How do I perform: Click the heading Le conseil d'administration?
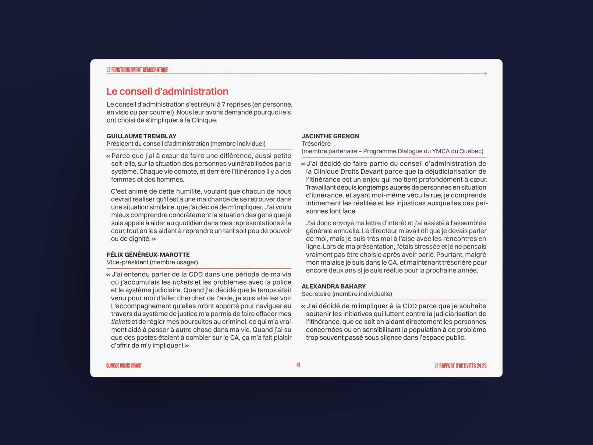167,91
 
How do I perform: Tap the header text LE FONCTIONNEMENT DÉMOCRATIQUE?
137,70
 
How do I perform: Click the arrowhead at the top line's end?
486,74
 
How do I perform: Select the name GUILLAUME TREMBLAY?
142,136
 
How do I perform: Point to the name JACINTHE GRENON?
330,136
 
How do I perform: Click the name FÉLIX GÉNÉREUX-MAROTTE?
148,255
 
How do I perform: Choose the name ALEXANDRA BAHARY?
334,286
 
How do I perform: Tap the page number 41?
298,365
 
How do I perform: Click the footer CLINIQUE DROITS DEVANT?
124,365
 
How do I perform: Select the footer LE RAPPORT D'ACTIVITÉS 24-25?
460,366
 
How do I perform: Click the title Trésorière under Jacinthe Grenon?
316,144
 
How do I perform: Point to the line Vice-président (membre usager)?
152,262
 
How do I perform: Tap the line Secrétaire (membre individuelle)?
347,294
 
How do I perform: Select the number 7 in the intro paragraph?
223,105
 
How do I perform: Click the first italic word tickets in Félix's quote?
182,282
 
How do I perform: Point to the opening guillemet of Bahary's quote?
303,306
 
